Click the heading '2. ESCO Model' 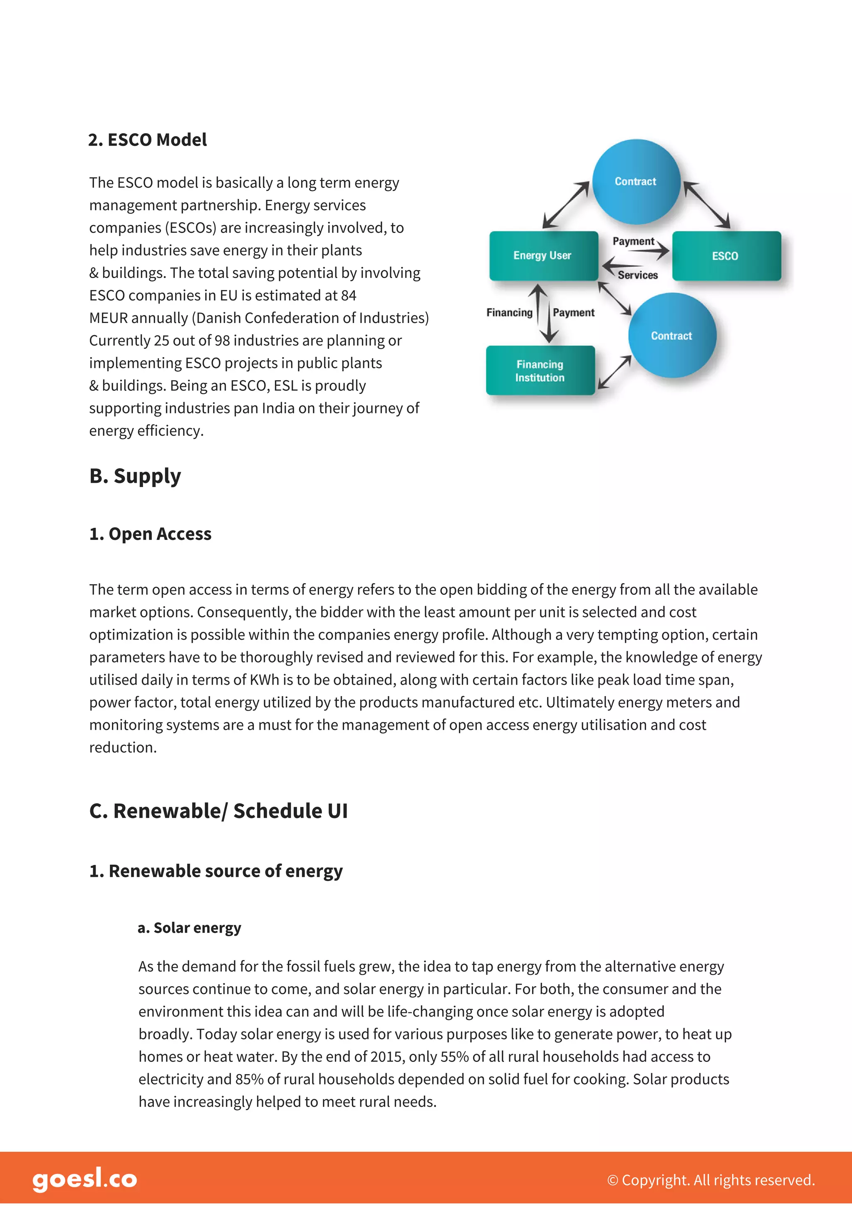click(148, 140)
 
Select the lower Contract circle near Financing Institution click(672, 336)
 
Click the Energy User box click(543, 256)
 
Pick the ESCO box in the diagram click(726, 256)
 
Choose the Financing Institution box click(540, 371)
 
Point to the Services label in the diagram click(637, 275)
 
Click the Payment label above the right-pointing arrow click(633, 241)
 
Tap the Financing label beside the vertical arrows click(509, 313)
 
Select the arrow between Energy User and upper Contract click(565, 205)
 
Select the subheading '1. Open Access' click(150, 534)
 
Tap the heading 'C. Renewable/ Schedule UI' click(218, 811)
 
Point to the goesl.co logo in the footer click(84, 1179)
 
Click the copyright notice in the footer click(711, 1180)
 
